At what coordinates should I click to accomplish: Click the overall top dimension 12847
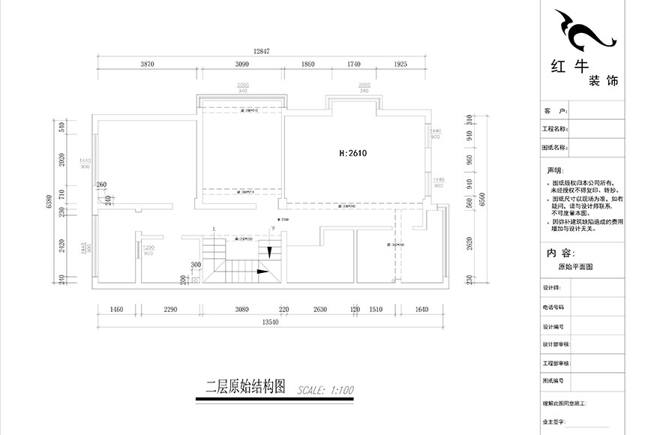pyautogui.click(x=261, y=52)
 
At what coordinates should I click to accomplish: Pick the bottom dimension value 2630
pyautogui.click(x=319, y=309)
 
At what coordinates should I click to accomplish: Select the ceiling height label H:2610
pyautogui.click(x=352, y=152)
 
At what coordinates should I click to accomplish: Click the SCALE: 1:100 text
pyautogui.click(x=325, y=390)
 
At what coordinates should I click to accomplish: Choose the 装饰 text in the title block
pyautogui.click(x=603, y=81)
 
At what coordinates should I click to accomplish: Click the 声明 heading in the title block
pyautogui.click(x=555, y=170)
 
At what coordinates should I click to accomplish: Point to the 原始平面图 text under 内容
pyautogui.click(x=575, y=267)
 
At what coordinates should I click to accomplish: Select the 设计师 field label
pyautogui.click(x=550, y=288)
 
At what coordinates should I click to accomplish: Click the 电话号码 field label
pyautogui.click(x=553, y=307)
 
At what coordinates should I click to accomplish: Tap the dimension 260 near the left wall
pyautogui.click(x=102, y=184)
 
